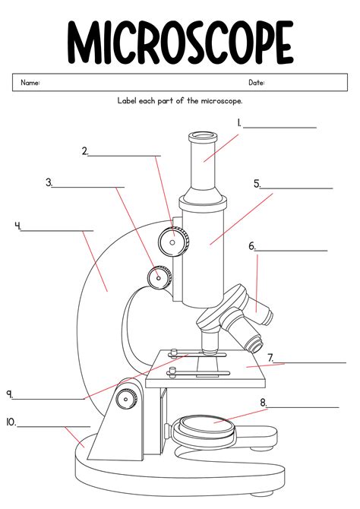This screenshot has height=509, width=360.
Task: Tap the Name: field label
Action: pos(30,82)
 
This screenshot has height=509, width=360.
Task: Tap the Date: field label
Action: pos(257,82)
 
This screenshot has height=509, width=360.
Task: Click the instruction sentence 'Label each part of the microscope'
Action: pos(179,100)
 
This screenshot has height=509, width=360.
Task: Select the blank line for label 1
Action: pos(279,127)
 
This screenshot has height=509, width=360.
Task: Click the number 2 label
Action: pos(85,151)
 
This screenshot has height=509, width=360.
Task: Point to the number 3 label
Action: pos(49,182)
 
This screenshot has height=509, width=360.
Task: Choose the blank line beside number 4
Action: pos(58,229)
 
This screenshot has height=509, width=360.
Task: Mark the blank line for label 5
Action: pos(297,187)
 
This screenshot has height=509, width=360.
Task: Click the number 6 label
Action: pos(251,245)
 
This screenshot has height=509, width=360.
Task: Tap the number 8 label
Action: pos(263,402)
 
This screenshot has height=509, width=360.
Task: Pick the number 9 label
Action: pos(10,394)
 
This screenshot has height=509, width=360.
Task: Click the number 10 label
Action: pos(11,422)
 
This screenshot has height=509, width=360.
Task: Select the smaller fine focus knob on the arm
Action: pos(159,277)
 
